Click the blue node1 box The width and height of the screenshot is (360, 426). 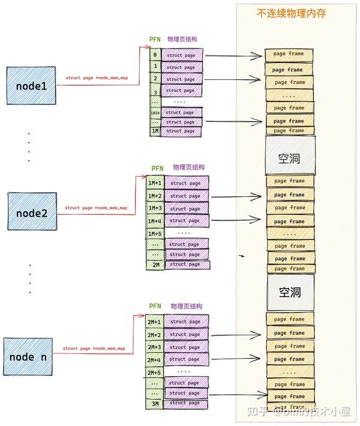coord(31,86)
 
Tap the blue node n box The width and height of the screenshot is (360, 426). coord(28,357)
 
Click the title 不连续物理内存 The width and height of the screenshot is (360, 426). coord(291,13)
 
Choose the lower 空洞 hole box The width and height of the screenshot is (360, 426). coord(290,293)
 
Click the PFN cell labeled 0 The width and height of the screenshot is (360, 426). coord(155,55)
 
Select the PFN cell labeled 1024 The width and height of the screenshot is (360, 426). coord(155,112)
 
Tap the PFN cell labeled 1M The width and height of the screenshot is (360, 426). coord(155,131)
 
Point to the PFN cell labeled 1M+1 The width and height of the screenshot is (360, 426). coord(155,182)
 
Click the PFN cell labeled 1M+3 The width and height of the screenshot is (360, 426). coord(155,208)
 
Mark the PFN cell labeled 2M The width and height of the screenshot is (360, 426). coord(155,264)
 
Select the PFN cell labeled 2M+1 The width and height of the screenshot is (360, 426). coord(154,322)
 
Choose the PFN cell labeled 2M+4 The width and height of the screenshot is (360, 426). coord(154,360)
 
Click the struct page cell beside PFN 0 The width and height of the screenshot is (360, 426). coord(182,56)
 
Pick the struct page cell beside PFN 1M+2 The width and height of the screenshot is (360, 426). coord(185,196)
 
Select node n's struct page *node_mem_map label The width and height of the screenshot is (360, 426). coord(94,348)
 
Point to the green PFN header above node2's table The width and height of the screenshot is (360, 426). coord(157,169)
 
